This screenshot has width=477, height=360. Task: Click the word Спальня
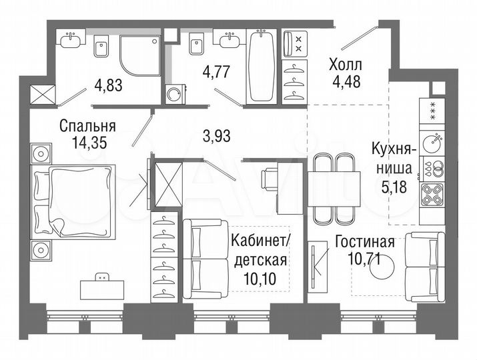pyautogui.click(x=87, y=125)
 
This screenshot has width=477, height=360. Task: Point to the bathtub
pyautogui.click(x=260, y=67)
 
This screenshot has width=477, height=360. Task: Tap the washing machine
pyautogui.click(x=173, y=94)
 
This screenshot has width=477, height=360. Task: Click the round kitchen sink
pyautogui.click(x=434, y=141)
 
